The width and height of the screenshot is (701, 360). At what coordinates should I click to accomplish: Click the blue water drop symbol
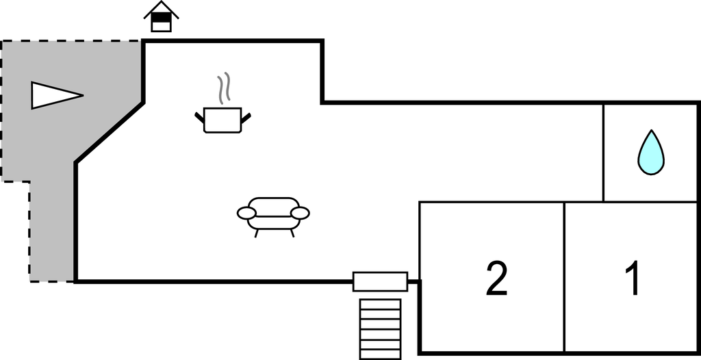point(651,153)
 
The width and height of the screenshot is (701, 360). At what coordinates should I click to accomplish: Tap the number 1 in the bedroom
point(634,279)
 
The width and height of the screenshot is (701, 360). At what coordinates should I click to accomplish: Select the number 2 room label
point(496,279)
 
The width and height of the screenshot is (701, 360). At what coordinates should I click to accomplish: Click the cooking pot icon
point(223,119)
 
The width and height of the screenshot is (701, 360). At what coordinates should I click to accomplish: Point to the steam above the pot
point(224,88)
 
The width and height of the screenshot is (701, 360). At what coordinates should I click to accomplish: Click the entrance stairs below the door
point(380,322)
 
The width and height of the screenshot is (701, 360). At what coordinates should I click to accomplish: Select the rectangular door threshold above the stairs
point(380,281)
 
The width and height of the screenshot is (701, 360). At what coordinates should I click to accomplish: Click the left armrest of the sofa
point(246,213)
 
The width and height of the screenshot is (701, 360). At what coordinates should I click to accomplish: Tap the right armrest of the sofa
point(300,213)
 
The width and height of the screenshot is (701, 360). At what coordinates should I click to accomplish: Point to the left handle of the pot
point(200,117)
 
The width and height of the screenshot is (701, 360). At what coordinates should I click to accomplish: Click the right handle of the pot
point(246,117)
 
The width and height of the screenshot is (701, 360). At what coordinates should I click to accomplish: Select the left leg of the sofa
point(257,233)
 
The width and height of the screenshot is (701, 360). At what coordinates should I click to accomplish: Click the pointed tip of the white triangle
point(81,94)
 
